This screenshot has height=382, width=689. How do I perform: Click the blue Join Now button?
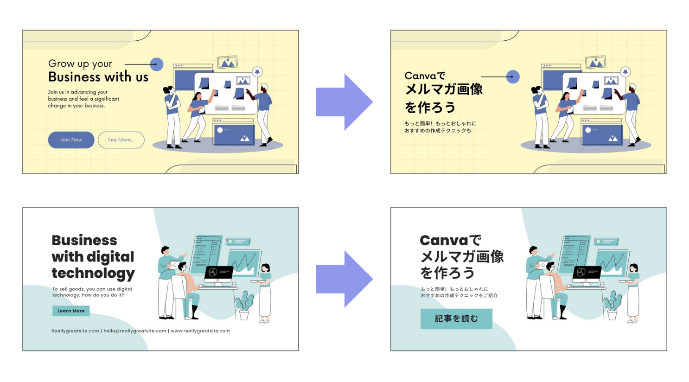pyautogui.click(x=71, y=140)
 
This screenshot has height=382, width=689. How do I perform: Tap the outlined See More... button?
pyautogui.click(x=121, y=140)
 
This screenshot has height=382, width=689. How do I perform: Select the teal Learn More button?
pyautogui.click(x=71, y=311)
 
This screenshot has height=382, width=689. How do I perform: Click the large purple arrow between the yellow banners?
pyautogui.click(x=344, y=102)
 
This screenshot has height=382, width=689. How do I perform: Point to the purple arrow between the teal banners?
pyautogui.click(x=344, y=279)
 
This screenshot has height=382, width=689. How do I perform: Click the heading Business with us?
pyautogui.click(x=98, y=77)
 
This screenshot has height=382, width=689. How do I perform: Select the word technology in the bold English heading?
pyautogui.click(x=93, y=274)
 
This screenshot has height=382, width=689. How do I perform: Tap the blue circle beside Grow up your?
pyautogui.click(x=157, y=64)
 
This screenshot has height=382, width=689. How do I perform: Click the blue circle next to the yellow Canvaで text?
pyautogui.click(x=513, y=77)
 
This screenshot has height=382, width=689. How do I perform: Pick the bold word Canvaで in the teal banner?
pyautogui.click(x=450, y=240)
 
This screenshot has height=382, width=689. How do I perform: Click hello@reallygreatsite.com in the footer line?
pyautogui.click(x=135, y=331)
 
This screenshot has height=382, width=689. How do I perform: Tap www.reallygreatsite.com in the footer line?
pyautogui.click(x=200, y=331)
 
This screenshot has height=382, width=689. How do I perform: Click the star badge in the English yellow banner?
pyautogui.click(x=257, y=71)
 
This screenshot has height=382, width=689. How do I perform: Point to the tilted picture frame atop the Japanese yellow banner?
pyautogui.click(x=595, y=62)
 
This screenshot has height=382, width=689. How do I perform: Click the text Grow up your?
pyautogui.click(x=80, y=64)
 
